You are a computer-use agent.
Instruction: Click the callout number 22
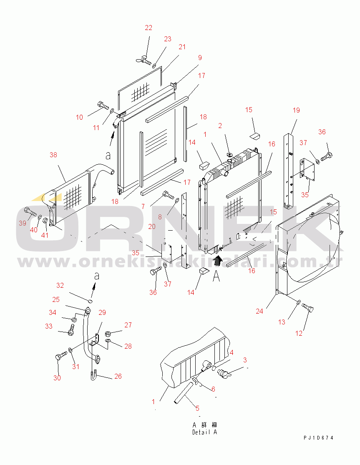[x=148, y=28]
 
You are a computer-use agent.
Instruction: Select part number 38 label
[x=53, y=154]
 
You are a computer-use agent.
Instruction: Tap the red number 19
[x=296, y=110]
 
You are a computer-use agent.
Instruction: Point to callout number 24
[x=259, y=311]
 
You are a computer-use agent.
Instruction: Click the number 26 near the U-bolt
[x=118, y=376]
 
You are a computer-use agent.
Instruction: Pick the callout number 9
[x=200, y=58]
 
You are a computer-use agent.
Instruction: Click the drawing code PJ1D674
[x=318, y=438]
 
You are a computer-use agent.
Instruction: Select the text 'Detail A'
[x=205, y=432]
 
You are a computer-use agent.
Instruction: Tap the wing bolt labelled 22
[x=143, y=60]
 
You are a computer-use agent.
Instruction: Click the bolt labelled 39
[x=30, y=212]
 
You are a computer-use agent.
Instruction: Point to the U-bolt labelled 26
[x=93, y=374]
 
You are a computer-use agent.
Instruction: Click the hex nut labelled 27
[x=108, y=332]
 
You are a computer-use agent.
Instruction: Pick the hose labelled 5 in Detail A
[x=184, y=392]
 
